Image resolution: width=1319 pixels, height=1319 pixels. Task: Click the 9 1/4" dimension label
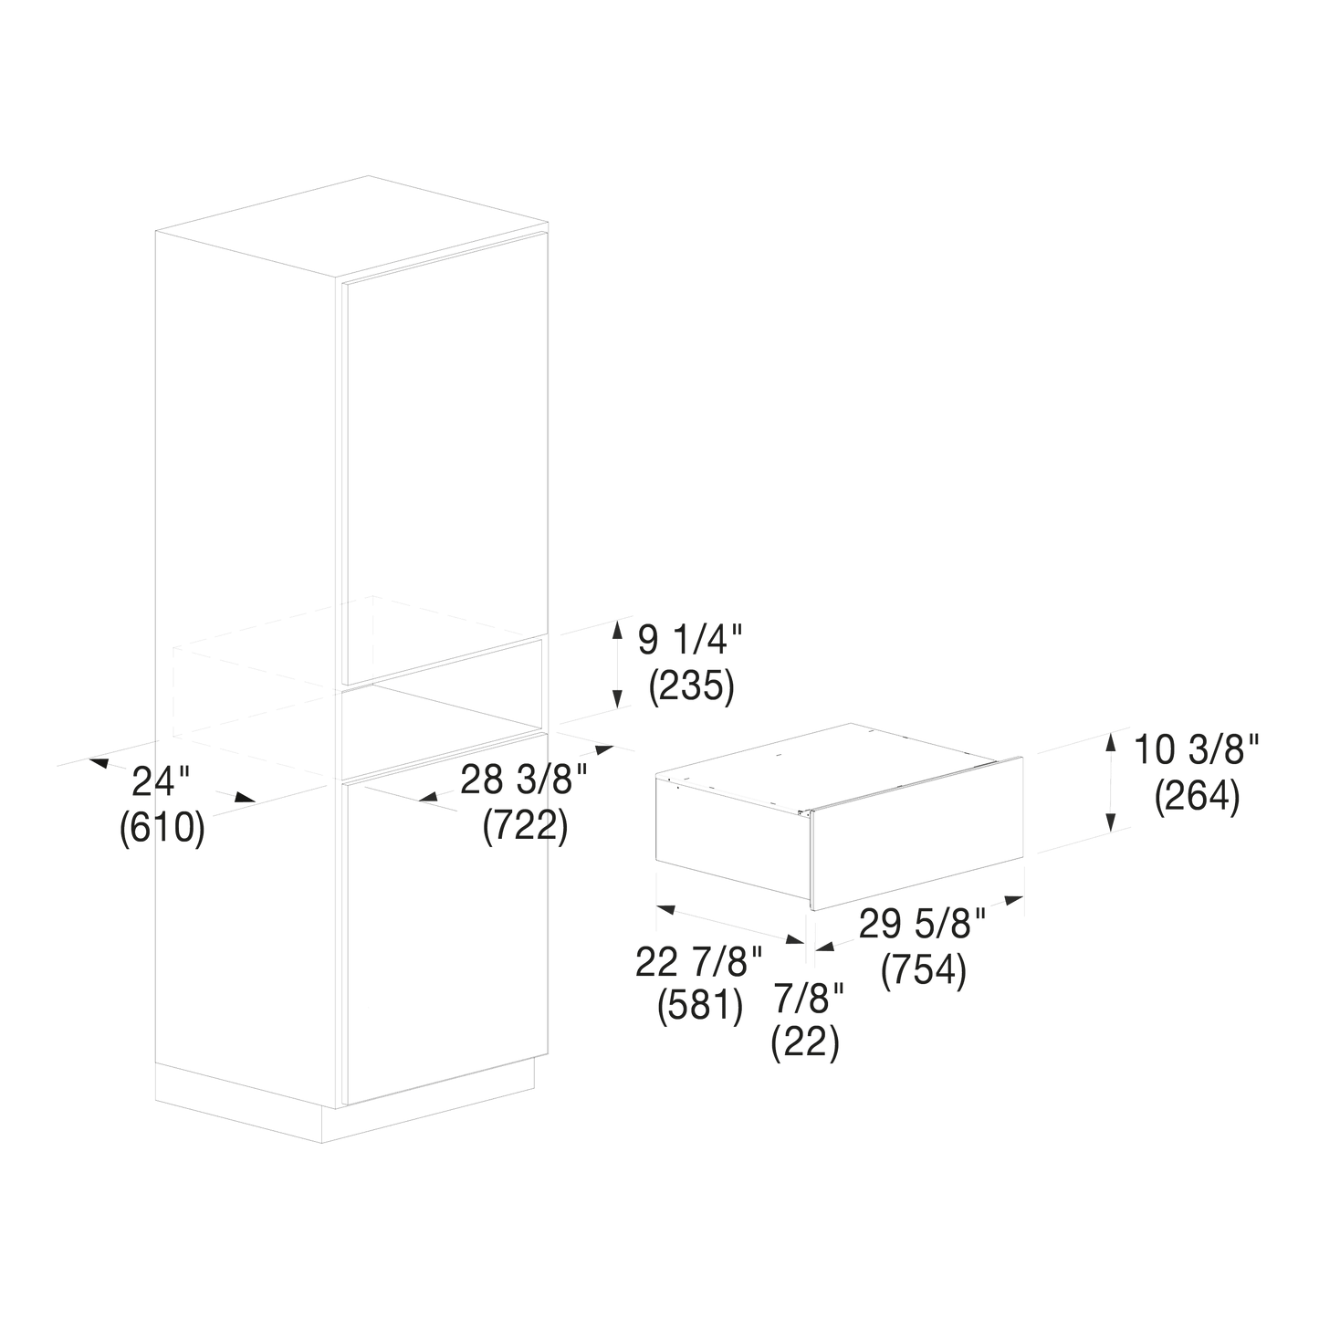coord(690,641)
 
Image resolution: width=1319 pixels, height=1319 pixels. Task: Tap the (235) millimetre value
coord(691,686)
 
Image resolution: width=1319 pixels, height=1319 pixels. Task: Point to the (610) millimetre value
coord(162,828)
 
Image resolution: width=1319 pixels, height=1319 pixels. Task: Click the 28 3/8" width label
coord(524,780)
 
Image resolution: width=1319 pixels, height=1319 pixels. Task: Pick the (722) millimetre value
coord(525,826)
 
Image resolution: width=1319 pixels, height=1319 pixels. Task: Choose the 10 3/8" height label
coord(1197,749)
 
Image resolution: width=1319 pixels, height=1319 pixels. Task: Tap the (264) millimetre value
coord(1198,797)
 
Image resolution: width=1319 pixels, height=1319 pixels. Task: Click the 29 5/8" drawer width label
coord(922,924)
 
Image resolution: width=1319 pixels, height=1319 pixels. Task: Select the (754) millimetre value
coord(924,970)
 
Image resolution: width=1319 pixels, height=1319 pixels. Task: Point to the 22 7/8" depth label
coord(699,962)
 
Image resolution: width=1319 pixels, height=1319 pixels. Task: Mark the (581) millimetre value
coord(700,1007)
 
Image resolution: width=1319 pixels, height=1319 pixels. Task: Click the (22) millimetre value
coord(805,1043)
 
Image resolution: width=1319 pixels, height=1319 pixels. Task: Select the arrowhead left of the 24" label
coord(99,762)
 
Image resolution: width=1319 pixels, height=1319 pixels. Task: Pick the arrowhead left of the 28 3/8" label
coord(428,797)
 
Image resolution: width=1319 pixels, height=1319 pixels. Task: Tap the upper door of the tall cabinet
coord(445,458)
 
